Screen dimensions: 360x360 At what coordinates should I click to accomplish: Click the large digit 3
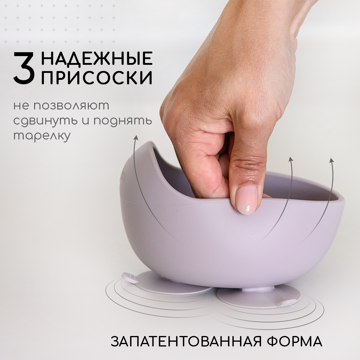click(x=24, y=68)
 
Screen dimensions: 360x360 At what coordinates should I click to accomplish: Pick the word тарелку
click(x=42, y=136)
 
